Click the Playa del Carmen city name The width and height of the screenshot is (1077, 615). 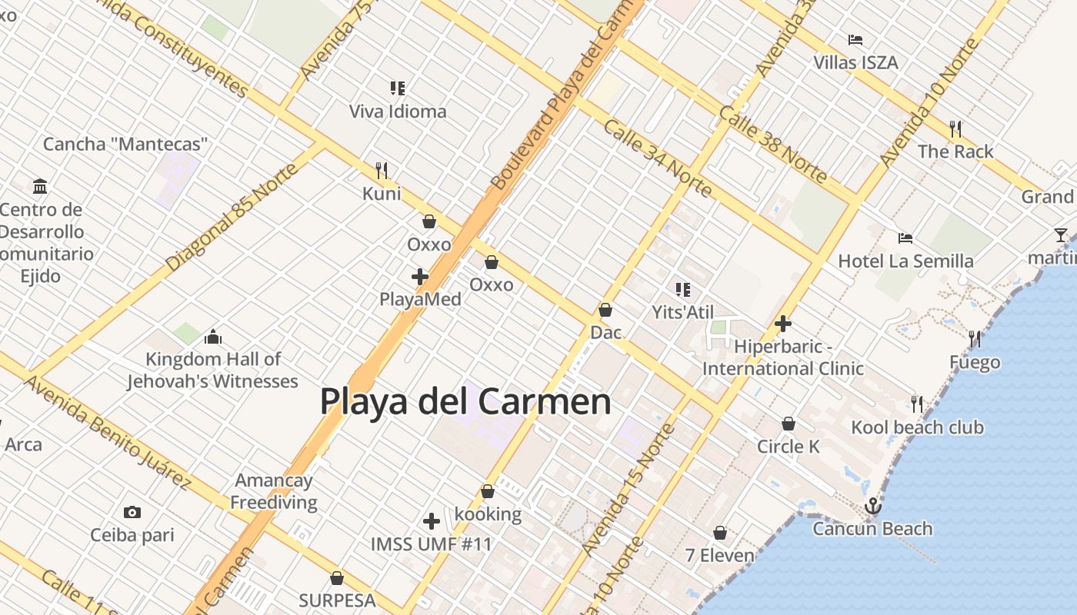coord(465,402)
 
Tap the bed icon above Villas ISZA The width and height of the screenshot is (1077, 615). coord(855,40)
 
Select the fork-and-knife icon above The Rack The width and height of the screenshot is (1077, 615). coord(955,128)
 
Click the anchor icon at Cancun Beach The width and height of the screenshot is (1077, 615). coord(872,506)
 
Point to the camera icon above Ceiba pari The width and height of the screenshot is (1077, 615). coord(132,512)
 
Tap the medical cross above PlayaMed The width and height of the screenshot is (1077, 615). coord(420,277)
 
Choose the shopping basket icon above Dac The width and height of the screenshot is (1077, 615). coord(605,311)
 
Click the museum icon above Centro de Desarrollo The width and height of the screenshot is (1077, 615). coord(40,186)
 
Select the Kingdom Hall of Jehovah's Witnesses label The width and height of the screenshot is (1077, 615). coord(213,370)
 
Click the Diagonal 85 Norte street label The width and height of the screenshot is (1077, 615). coord(230,218)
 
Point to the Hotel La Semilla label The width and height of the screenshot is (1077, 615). coord(905,261)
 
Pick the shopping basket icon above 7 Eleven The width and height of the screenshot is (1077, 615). coord(720,533)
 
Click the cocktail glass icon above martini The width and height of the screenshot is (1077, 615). coord(1061,235)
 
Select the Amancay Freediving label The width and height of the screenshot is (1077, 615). coord(274,492)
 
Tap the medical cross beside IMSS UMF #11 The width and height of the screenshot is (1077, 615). coord(432,521)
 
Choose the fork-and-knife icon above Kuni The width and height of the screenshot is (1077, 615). coord(382,170)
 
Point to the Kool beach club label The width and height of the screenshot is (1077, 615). coord(917,427)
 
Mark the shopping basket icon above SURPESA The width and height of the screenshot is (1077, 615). coord(337,578)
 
